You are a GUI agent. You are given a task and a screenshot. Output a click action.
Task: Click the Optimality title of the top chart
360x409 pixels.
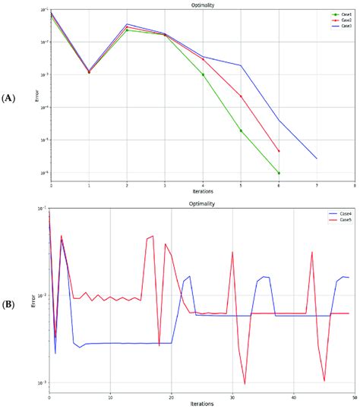202,5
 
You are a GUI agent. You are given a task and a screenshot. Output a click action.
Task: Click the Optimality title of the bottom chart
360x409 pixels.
202,204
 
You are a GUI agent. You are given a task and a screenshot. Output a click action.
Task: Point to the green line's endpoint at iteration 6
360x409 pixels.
279,173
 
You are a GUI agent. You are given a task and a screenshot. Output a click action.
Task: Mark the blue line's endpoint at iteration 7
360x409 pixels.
317,159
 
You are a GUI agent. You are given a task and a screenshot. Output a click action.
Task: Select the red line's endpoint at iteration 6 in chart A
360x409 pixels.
279,151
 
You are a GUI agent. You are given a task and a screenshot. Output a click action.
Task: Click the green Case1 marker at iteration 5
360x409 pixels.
241,131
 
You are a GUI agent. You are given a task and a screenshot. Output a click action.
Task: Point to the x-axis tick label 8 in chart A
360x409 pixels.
354,185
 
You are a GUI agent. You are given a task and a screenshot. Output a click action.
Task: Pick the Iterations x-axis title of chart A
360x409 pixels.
202,192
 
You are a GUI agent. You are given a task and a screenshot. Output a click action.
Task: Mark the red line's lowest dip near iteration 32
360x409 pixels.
244,384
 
